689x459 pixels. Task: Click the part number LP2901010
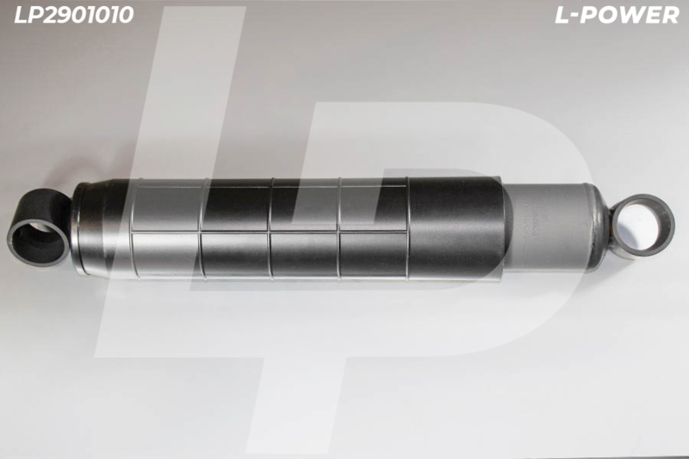[x=74, y=15]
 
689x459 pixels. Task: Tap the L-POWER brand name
[x=617, y=16]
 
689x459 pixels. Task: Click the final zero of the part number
[x=126, y=15]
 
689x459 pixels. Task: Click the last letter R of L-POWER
[x=669, y=16]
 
